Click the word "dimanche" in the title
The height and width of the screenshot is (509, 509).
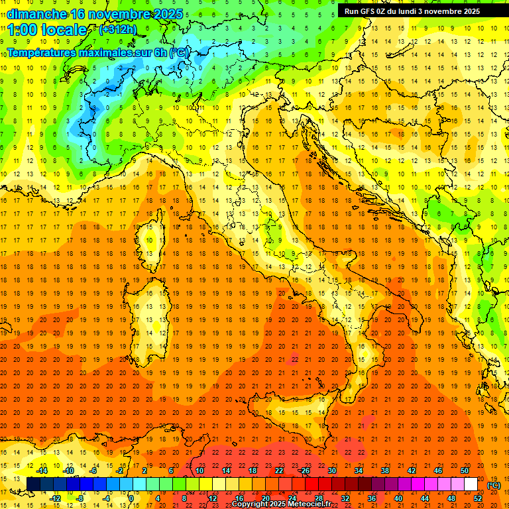(33, 14)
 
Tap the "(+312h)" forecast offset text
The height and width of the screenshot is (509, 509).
(119, 29)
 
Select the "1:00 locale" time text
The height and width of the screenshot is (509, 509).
(47, 30)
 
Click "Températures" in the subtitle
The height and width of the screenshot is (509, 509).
(40, 52)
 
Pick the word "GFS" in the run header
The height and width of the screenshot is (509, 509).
(367, 11)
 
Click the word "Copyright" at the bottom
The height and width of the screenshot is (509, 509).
(252, 504)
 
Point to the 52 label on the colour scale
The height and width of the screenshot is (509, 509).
(478, 498)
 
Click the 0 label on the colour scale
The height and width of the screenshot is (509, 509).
(131, 498)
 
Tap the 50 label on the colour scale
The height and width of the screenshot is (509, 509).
(465, 471)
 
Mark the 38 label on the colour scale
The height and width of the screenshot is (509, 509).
(384, 471)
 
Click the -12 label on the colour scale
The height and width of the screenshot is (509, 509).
(55, 498)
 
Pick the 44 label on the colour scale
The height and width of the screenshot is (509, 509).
(425, 498)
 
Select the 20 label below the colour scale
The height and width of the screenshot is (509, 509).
(265, 498)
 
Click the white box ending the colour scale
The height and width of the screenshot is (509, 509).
(471, 484)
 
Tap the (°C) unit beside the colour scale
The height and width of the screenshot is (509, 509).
(493, 485)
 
